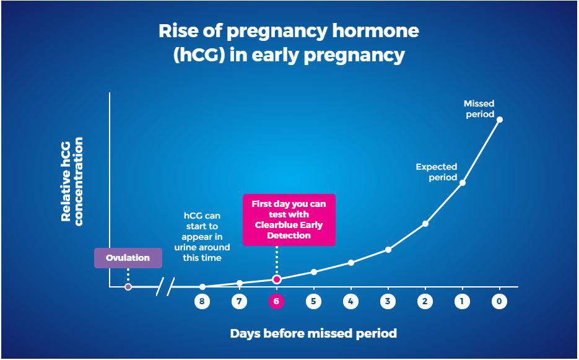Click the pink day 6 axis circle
(276, 302)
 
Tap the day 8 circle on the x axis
(202, 302)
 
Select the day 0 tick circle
(499, 302)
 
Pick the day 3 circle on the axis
(388, 302)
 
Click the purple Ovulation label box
(128, 258)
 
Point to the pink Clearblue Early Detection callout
(289, 220)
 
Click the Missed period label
(479, 108)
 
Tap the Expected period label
(437, 172)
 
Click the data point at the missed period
(500, 120)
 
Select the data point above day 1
(463, 183)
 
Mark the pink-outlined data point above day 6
(277, 279)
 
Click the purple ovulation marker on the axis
(128, 287)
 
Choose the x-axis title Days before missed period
(313, 333)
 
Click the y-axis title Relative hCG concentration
(72, 180)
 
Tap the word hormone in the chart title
(375, 31)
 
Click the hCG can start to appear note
(202, 237)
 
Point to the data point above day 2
(425, 224)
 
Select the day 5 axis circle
(313, 302)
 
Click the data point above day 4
(351, 263)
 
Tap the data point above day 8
(202, 287)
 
